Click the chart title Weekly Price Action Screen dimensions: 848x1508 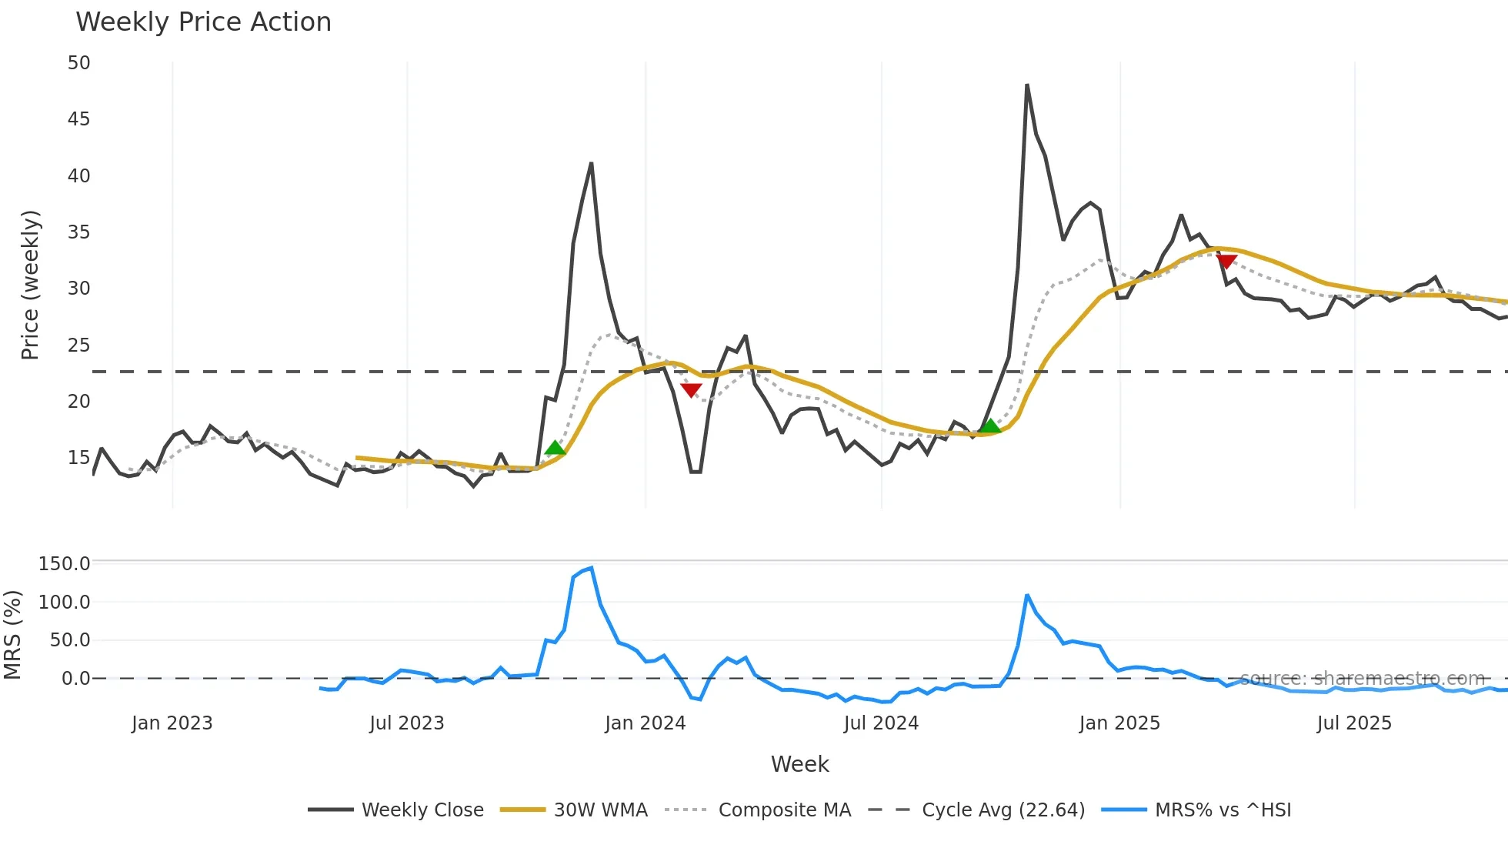pyautogui.click(x=203, y=22)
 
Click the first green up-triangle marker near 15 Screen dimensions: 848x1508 pyautogui.click(x=555, y=449)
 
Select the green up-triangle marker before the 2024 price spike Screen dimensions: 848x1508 pyautogui.click(x=990, y=426)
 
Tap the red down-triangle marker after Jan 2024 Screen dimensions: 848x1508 pyautogui.click(x=691, y=390)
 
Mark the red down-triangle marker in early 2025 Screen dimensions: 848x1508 pyautogui.click(x=1226, y=262)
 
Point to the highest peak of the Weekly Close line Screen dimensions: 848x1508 pyautogui.click(x=1027, y=85)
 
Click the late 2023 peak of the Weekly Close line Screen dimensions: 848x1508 pyautogui.click(x=591, y=163)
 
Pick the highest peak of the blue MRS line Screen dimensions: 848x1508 pyautogui.click(x=591, y=568)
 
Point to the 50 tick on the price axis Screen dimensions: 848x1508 pyautogui.click(x=78, y=63)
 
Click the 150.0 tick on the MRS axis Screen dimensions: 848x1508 pyautogui.click(x=65, y=564)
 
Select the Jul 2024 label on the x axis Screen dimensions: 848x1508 pyautogui.click(x=881, y=723)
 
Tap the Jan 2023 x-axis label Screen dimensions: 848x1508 pyautogui.click(x=172, y=723)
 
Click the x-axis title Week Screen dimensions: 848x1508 pyautogui.click(x=799, y=764)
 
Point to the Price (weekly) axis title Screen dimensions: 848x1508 pyautogui.click(x=30, y=285)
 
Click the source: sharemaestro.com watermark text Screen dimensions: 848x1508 pyautogui.click(x=1362, y=679)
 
